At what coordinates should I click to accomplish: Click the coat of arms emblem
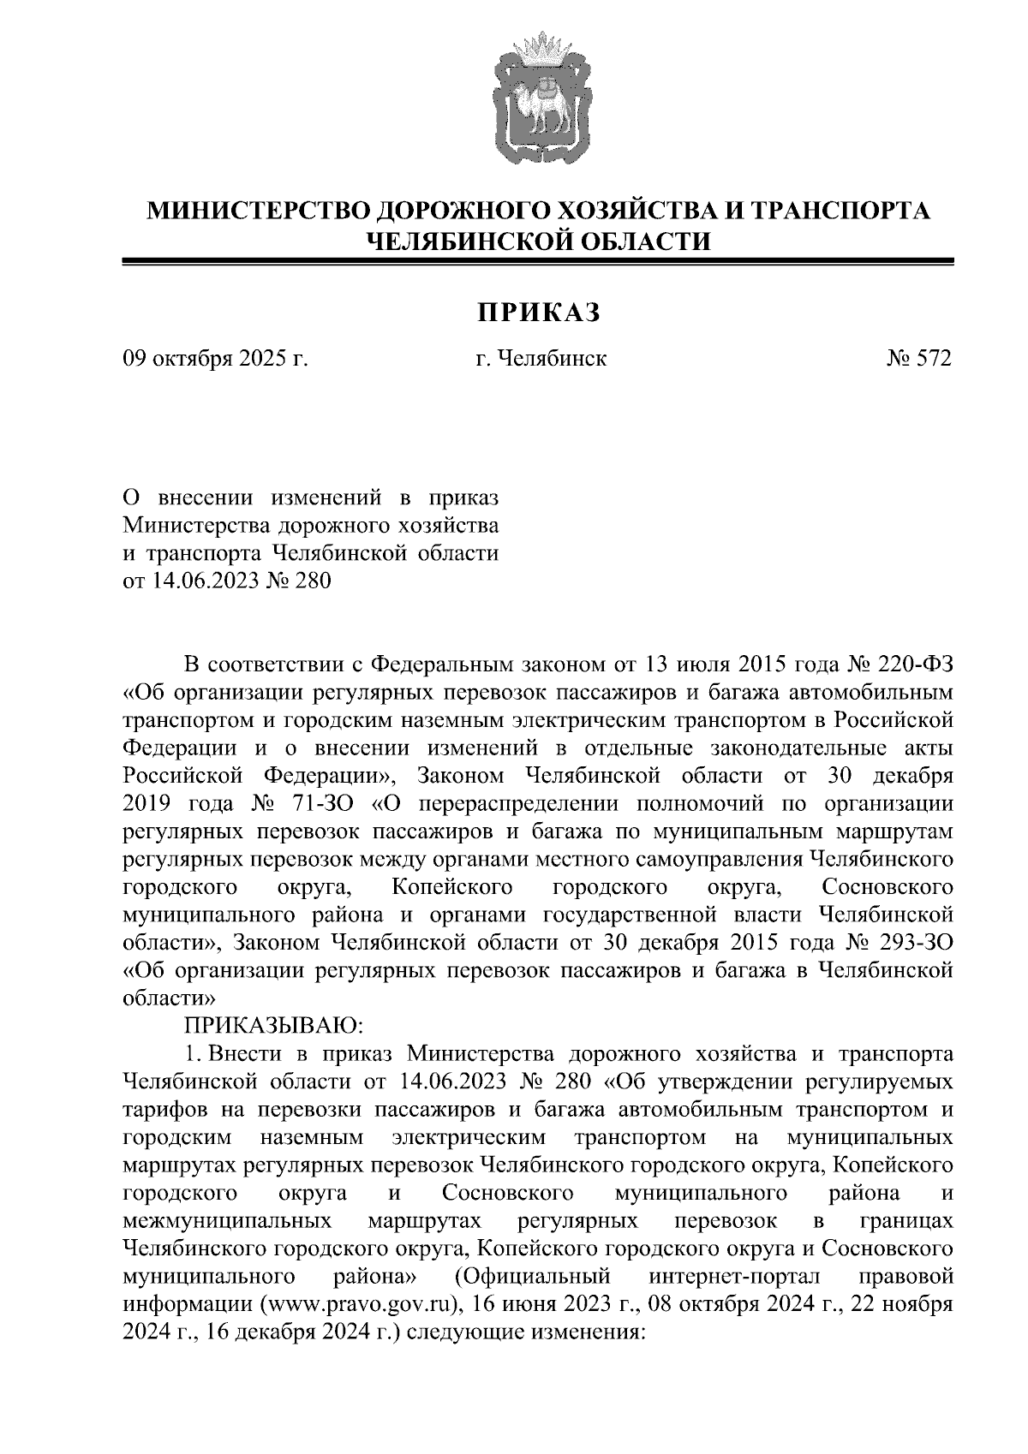539,100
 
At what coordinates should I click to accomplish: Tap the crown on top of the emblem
539,44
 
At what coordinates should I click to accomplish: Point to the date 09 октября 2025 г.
216,359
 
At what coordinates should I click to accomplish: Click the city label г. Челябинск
541,359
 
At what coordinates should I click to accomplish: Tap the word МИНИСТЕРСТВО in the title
260,211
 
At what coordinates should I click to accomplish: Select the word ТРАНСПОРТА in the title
840,211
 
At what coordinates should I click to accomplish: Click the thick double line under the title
539,263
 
